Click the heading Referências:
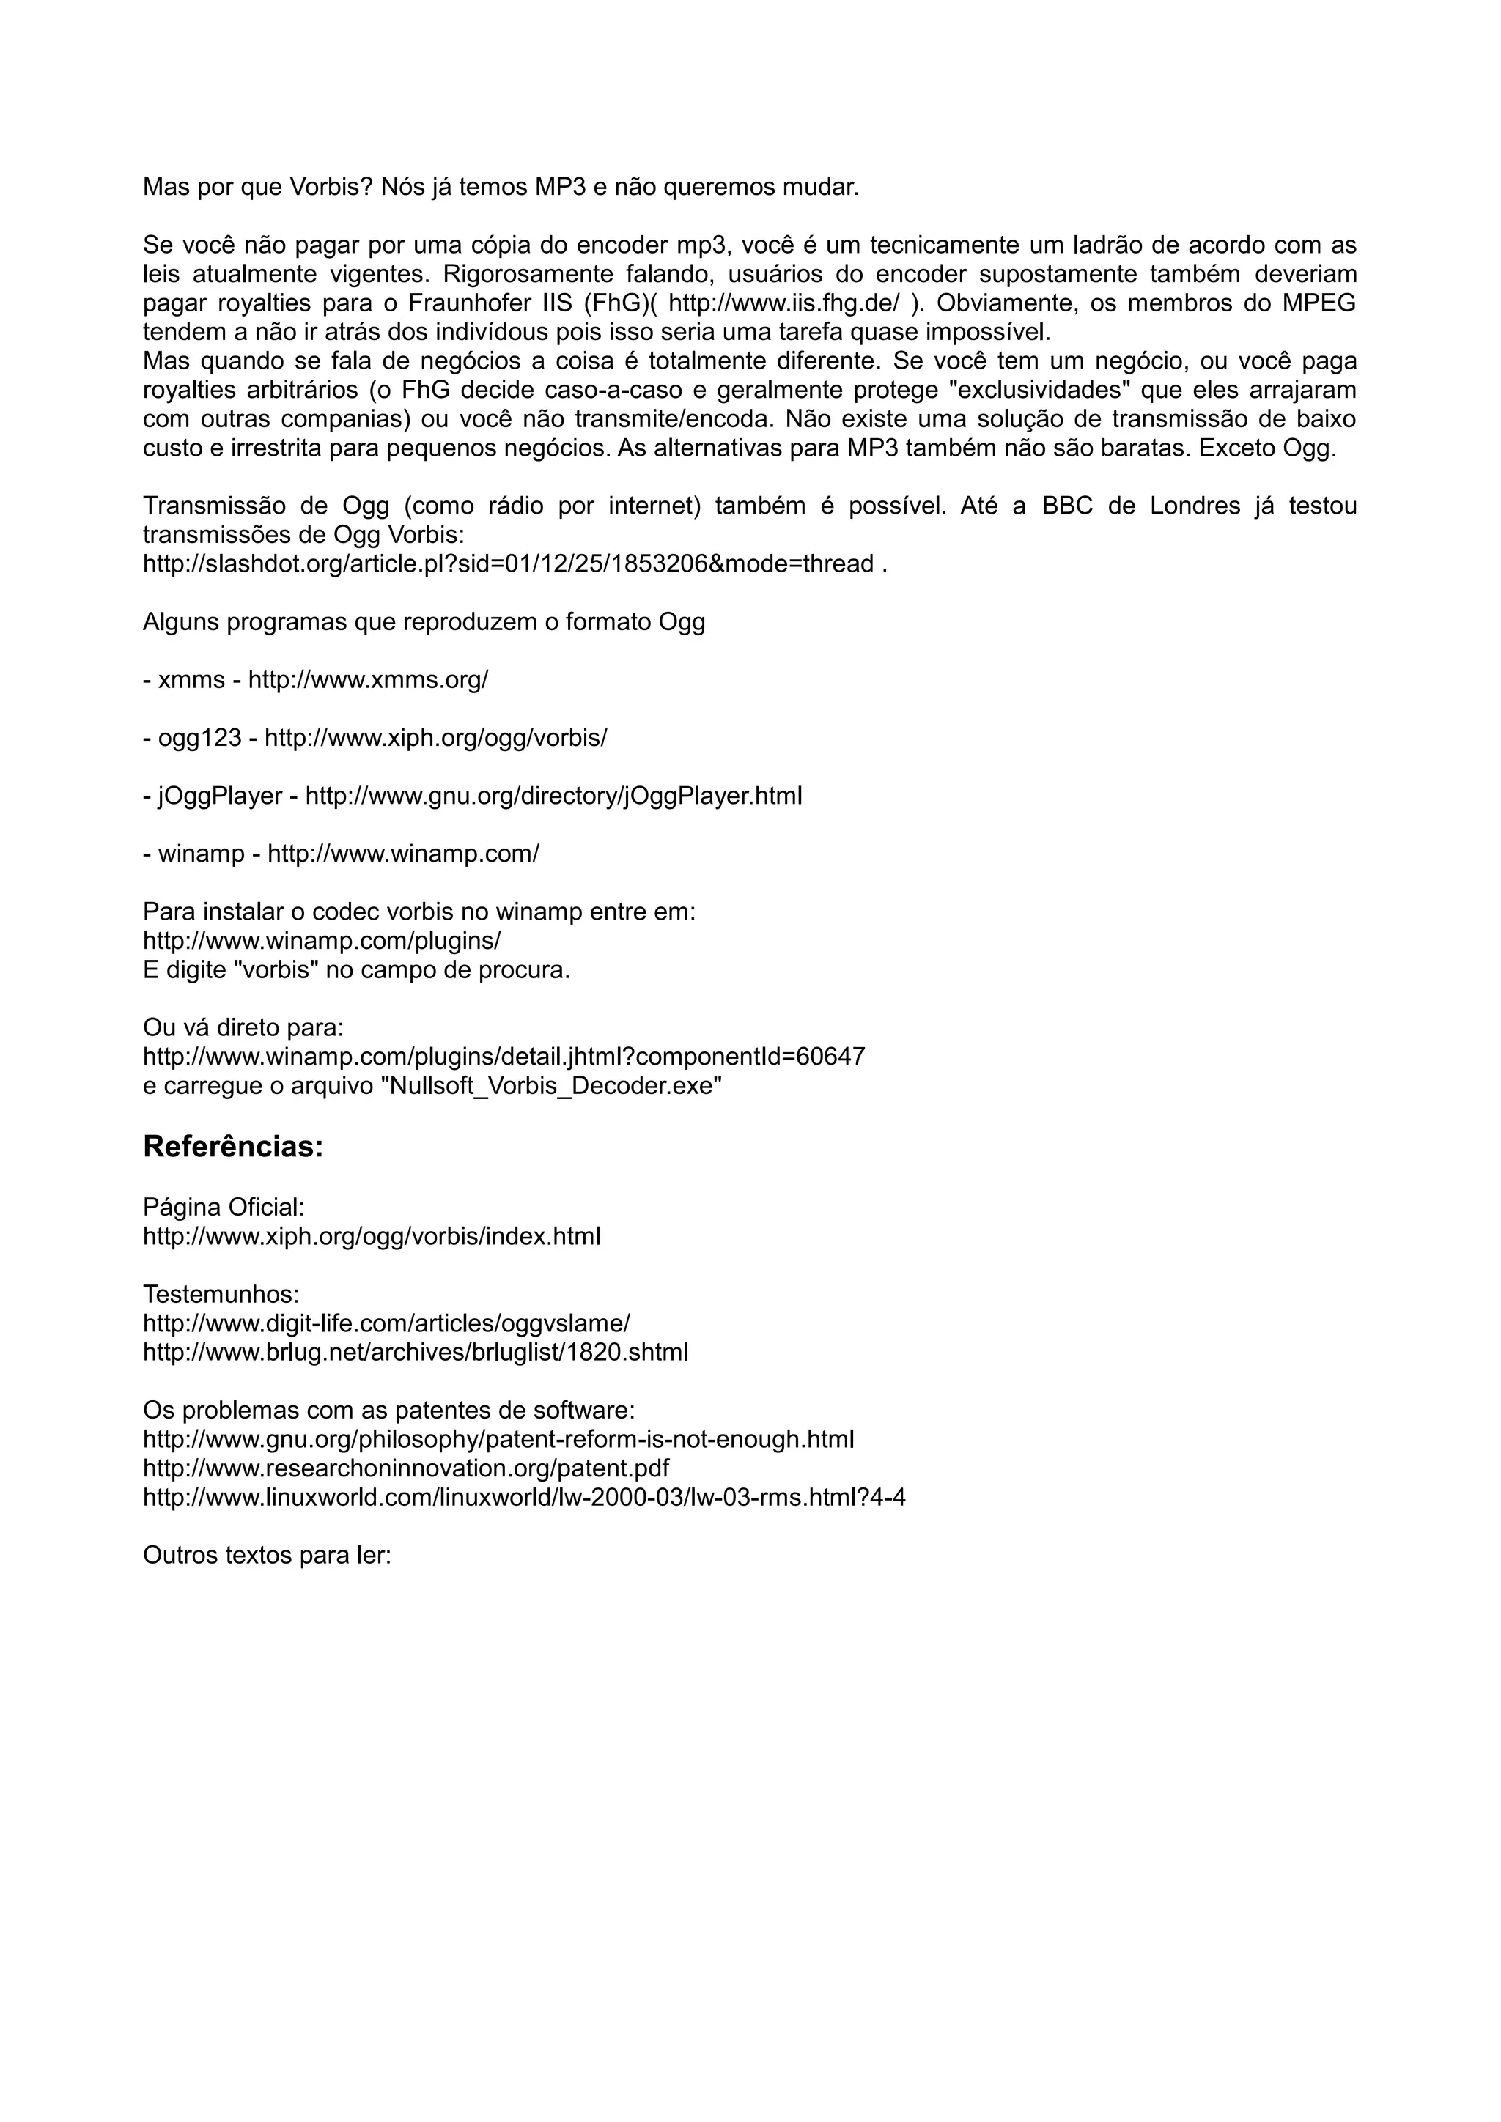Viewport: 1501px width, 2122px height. [x=233, y=1147]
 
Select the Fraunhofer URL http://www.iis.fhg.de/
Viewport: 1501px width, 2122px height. [x=783, y=303]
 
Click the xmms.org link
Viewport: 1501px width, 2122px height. [x=368, y=680]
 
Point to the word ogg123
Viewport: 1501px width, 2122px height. [x=199, y=739]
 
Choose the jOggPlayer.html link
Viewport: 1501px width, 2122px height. [x=553, y=796]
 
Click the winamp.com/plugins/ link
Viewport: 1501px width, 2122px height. [x=322, y=941]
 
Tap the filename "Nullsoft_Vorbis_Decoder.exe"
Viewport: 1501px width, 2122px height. [x=551, y=1086]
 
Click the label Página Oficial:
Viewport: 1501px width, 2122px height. [x=223, y=1207]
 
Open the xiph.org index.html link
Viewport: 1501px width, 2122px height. [x=372, y=1237]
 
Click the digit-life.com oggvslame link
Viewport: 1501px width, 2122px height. [x=386, y=1323]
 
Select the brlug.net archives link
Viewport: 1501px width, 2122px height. [x=415, y=1352]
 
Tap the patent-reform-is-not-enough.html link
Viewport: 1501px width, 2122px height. [x=498, y=1439]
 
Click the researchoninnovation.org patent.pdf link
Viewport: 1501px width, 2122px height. [x=406, y=1468]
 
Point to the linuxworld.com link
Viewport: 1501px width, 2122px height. [x=523, y=1497]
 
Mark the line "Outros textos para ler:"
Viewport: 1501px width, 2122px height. [x=267, y=1556]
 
